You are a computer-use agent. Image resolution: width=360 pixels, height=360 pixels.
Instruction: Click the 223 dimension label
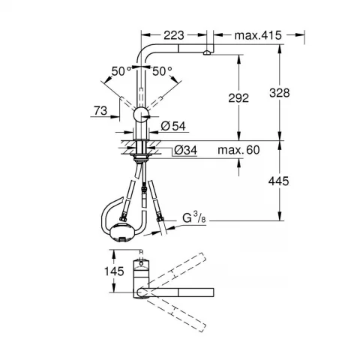pyautogui.click(x=174, y=35)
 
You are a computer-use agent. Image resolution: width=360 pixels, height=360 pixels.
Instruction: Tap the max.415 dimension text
pyautogui.click(x=258, y=35)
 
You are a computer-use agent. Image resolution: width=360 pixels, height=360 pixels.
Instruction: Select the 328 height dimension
pyautogui.click(x=280, y=93)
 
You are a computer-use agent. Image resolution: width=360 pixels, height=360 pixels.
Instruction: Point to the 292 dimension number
pyautogui.click(x=238, y=98)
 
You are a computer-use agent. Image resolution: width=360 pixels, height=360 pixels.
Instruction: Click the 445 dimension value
pyautogui.click(x=278, y=181)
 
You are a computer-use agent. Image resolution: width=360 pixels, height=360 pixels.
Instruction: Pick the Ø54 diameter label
pyautogui.click(x=173, y=126)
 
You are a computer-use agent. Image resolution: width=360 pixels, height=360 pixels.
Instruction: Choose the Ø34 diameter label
pyautogui.click(x=186, y=150)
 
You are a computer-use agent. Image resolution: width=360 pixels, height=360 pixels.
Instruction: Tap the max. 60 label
pyautogui.click(x=238, y=150)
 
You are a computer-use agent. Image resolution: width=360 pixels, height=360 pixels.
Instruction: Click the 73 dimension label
pyautogui.click(x=100, y=110)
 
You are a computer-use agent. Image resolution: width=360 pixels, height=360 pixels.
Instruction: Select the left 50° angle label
pyautogui.click(x=121, y=71)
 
